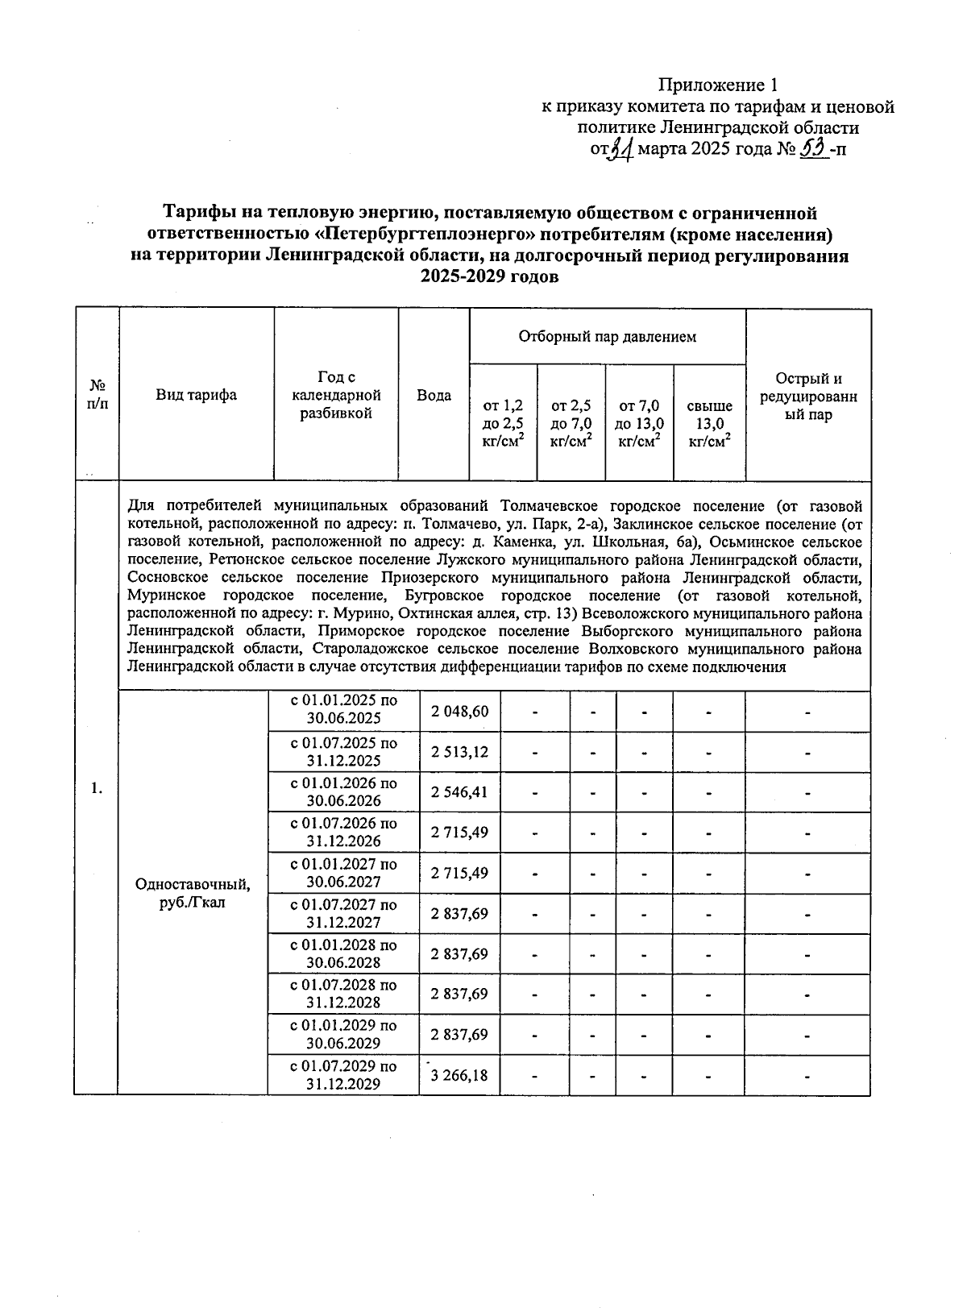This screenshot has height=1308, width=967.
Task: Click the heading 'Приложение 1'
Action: (x=719, y=85)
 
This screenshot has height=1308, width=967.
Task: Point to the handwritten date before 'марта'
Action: (x=621, y=149)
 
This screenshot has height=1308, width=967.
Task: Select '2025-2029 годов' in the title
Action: (x=489, y=276)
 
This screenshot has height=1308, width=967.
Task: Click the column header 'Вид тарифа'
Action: (x=197, y=395)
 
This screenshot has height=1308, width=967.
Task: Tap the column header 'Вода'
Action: (x=434, y=395)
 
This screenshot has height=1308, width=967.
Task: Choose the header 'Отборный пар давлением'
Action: (x=607, y=336)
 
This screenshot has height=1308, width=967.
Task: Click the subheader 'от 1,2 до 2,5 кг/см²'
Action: (x=503, y=423)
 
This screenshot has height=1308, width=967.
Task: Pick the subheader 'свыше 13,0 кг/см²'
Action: (x=709, y=423)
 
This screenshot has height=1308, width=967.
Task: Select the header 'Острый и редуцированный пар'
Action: (x=808, y=397)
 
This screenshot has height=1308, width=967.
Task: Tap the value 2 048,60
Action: (x=459, y=712)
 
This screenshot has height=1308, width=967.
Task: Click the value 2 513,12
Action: (x=459, y=752)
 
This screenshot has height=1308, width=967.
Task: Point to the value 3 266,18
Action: (x=459, y=1075)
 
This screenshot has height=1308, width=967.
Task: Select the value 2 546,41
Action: (x=459, y=792)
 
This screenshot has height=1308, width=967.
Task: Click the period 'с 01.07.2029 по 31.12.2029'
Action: (x=343, y=1075)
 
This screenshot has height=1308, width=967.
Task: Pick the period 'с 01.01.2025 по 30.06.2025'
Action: (x=343, y=710)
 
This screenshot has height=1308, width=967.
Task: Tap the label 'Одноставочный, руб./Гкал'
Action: (x=193, y=893)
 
